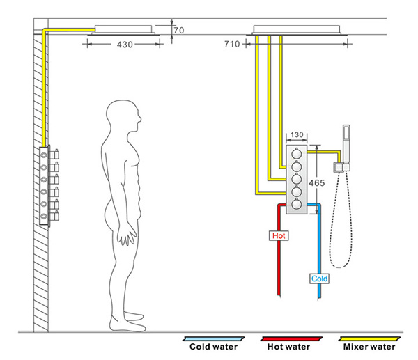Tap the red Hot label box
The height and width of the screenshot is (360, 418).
(x=279, y=235)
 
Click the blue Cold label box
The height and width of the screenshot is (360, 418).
(x=319, y=279)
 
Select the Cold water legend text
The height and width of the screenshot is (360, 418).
(x=213, y=346)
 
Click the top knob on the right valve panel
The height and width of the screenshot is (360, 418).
(x=297, y=155)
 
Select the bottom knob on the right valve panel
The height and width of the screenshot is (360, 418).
(x=297, y=205)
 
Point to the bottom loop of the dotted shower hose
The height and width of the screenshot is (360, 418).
(x=339, y=265)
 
